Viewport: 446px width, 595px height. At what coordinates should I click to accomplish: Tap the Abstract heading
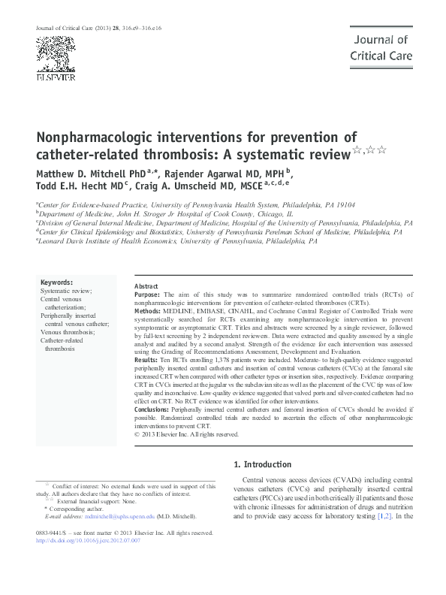146,287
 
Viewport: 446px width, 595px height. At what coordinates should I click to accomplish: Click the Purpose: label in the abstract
149,296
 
